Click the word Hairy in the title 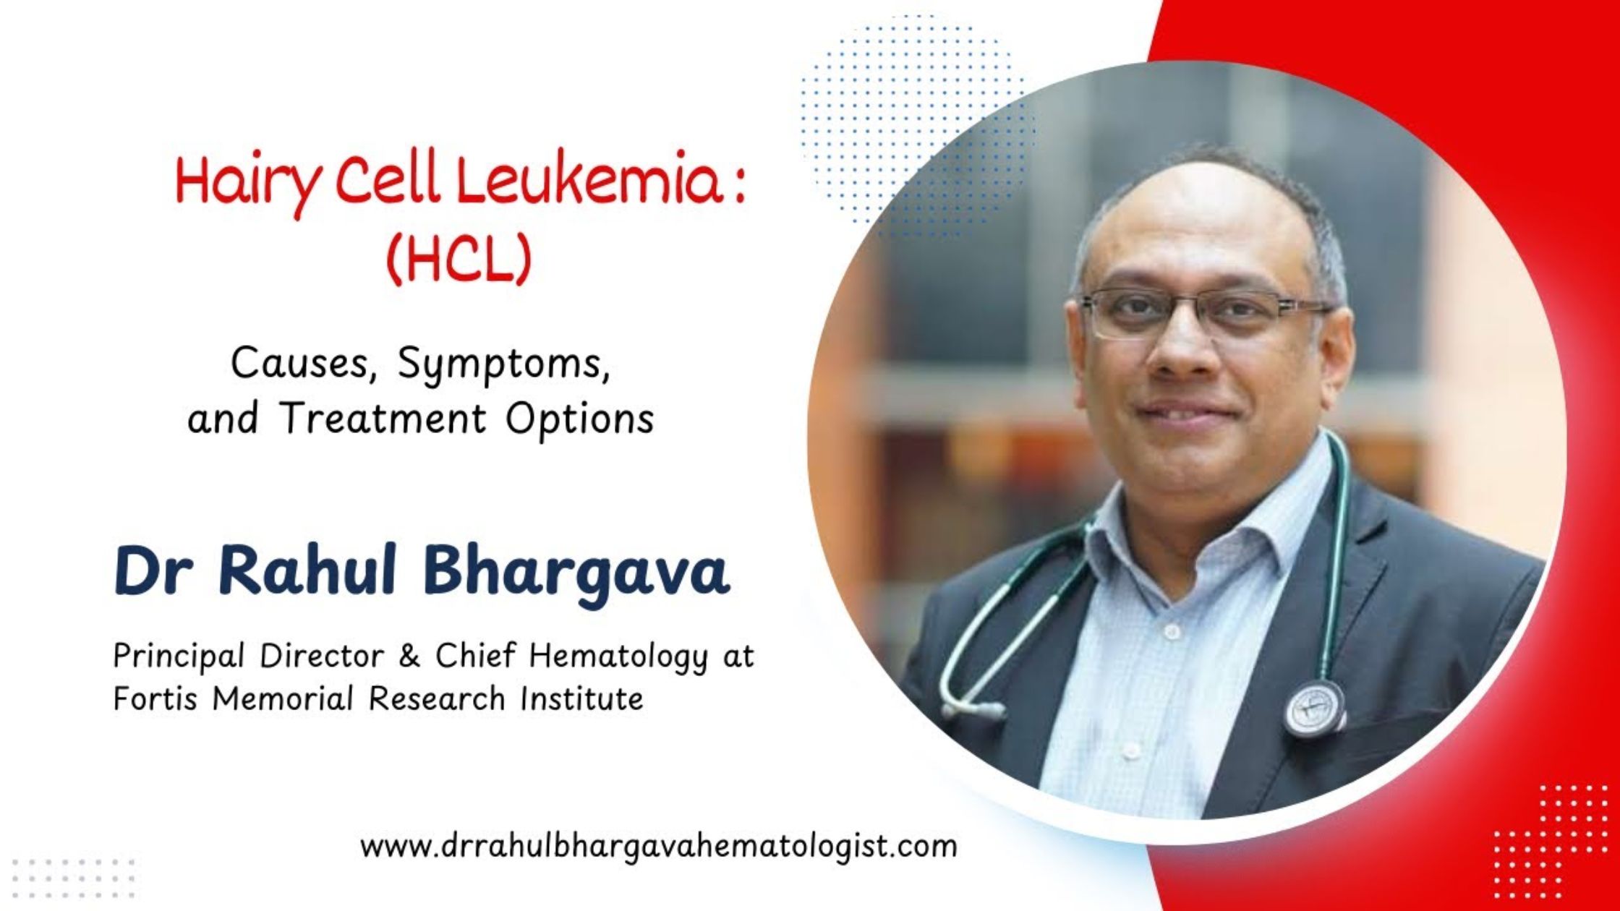tap(246, 184)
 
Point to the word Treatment tap(383, 419)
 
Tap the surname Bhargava tap(576, 573)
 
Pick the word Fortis tap(155, 698)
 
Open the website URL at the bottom tap(658, 845)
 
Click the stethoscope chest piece tap(1314, 708)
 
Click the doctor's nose tap(1179, 354)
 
